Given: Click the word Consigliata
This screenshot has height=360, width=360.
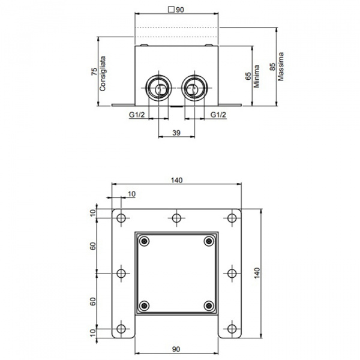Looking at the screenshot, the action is point(103,73).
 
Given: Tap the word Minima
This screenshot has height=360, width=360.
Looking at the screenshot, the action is point(256,76).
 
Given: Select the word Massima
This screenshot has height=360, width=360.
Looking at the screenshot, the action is point(281,67).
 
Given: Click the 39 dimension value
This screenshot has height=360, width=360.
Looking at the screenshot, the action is point(176,133).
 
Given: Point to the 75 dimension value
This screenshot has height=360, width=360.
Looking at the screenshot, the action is point(94,71).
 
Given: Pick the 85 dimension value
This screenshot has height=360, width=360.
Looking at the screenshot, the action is point(272,67).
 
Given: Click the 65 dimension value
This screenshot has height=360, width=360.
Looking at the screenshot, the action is point(248,76).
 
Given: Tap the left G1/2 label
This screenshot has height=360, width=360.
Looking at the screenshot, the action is point(137,115).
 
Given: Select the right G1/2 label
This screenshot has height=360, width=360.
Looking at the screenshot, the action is point(218,115).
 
